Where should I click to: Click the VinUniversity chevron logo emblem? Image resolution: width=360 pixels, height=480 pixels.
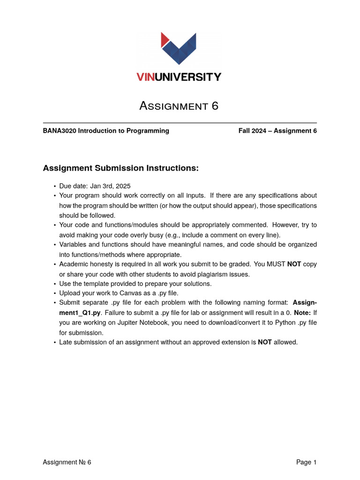click(179, 48)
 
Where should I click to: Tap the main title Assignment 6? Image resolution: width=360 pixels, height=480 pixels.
click(179, 106)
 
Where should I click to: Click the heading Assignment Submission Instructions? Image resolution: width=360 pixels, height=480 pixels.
click(121, 168)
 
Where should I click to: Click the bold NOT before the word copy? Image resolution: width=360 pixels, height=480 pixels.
click(294, 264)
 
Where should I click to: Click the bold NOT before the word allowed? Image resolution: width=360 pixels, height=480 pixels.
click(264, 342)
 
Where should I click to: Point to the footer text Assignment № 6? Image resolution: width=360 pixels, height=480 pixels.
click(67, 462)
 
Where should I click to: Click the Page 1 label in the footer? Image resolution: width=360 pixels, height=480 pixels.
click(306, 462)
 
